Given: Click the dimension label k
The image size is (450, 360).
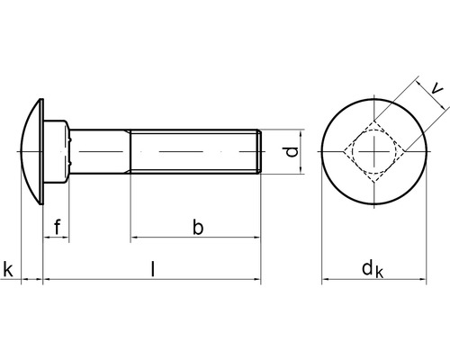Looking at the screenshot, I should coord(8,268).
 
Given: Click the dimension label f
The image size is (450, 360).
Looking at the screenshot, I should coord(58,226).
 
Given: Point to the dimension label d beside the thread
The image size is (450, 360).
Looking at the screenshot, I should coord(290,152).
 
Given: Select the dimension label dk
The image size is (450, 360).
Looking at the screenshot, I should coord(372,268).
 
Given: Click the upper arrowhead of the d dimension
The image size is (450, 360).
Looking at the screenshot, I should coord(298,134).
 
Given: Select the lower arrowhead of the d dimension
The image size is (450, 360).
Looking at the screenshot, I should coord(298,170).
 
